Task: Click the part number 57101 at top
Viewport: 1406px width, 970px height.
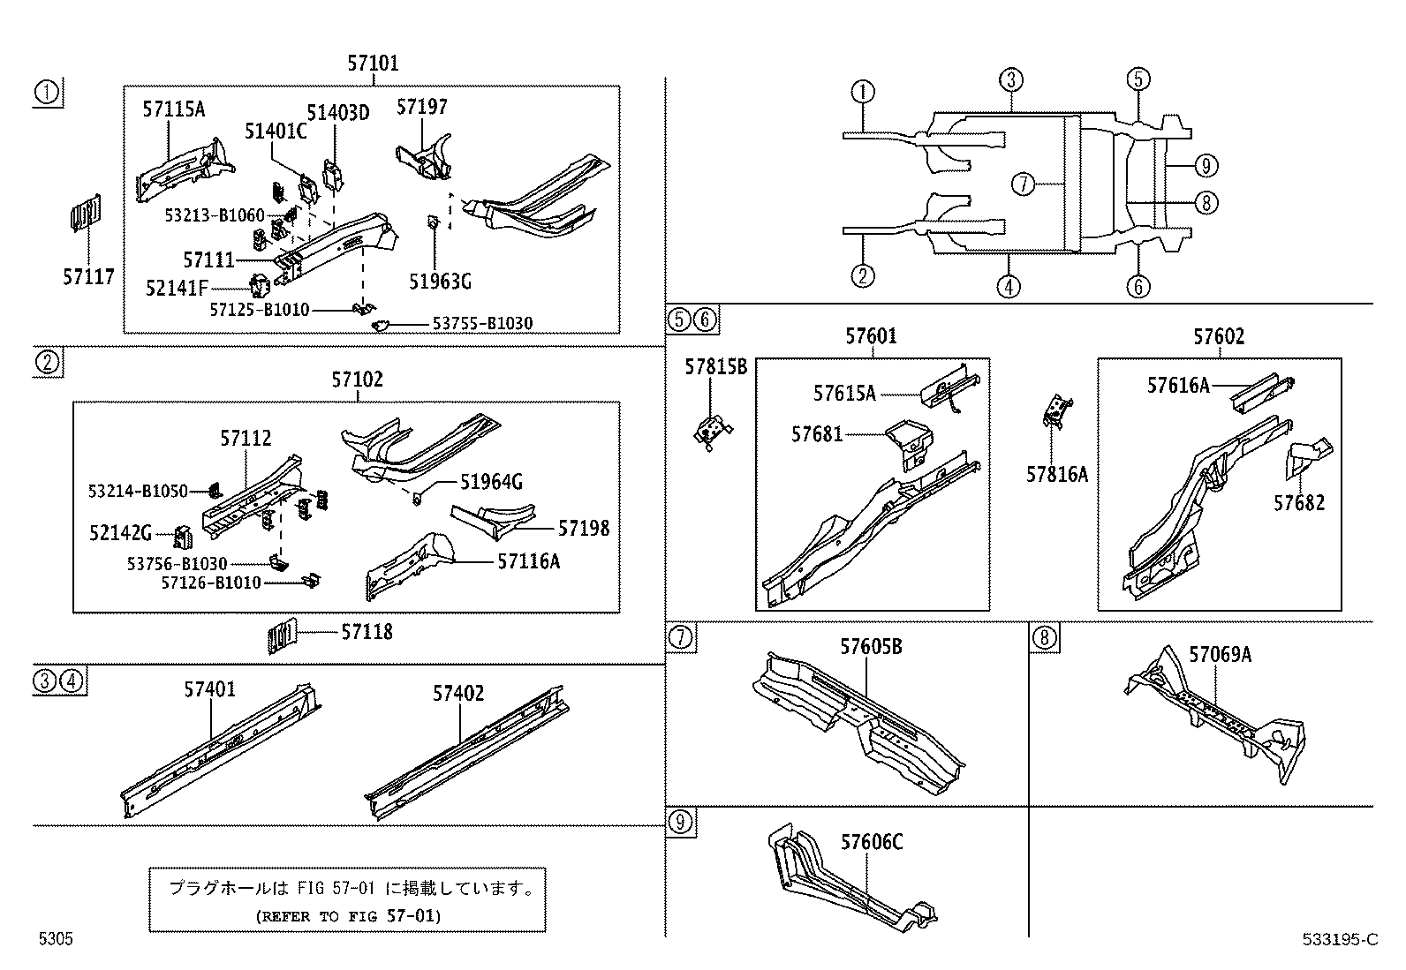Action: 372,64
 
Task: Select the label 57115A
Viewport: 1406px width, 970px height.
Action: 173,109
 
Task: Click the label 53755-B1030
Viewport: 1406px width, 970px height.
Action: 482,324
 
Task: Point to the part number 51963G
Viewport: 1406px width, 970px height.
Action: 440,281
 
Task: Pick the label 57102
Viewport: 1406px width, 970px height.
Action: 357,380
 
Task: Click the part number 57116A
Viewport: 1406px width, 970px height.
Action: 529,561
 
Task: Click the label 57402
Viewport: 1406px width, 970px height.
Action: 457,694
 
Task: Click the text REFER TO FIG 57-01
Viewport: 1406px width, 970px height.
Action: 347,916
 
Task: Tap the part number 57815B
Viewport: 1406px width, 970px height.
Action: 715,366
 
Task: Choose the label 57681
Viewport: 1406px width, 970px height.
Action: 817,434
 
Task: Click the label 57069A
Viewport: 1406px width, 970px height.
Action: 1220,654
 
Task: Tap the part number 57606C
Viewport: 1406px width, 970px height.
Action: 871,843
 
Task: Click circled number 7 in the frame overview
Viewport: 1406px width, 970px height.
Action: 1022,184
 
